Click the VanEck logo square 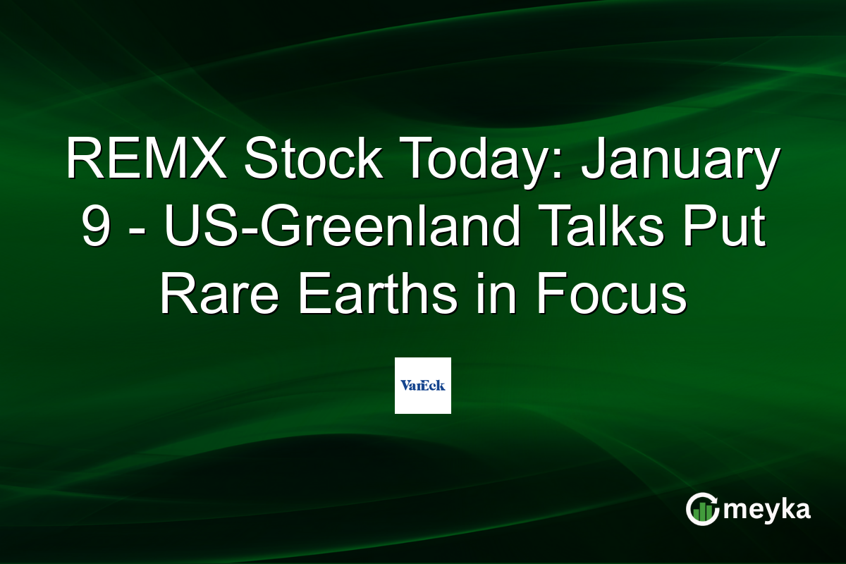coord(422,385)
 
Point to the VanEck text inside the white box coord(422,386)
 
